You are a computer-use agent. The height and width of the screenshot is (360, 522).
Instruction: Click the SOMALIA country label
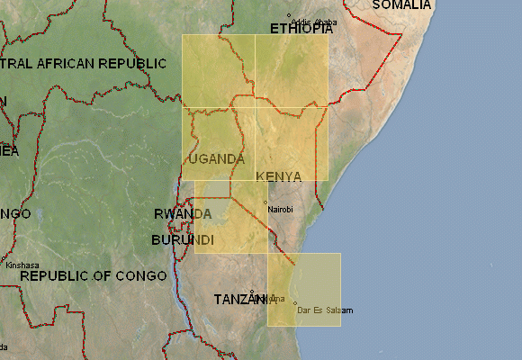click(401, 5)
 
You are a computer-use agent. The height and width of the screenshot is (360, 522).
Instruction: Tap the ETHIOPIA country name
click(300, 29)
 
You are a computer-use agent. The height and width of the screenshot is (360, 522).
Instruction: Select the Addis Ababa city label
click(314, 22)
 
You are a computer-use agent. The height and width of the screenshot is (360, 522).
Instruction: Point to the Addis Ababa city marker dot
click(289, 15)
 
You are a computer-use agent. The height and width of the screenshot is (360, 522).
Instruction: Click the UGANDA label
click(216, 159)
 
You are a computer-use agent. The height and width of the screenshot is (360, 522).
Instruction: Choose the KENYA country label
click(278, 176)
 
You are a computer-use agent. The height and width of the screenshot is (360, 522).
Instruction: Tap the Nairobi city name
click(281, 209)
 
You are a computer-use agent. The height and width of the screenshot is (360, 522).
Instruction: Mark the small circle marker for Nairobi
click(265, 201)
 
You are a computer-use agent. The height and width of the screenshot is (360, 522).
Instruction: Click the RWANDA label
click(183, 214)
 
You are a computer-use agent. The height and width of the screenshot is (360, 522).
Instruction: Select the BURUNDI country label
click(182, 241)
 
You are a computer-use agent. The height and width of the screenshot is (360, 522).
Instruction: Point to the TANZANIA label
click(243, 299)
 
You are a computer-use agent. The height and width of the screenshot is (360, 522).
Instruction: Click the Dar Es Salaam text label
click(325, 310)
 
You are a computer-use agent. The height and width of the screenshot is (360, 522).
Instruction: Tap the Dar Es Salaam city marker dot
click(294, 303)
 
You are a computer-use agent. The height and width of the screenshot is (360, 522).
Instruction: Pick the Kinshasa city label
click(22, 265)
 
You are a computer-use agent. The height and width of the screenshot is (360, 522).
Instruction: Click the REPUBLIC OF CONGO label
click(93, 275)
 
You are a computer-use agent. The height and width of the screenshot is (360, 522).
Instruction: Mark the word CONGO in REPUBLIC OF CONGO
click(142, 275)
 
